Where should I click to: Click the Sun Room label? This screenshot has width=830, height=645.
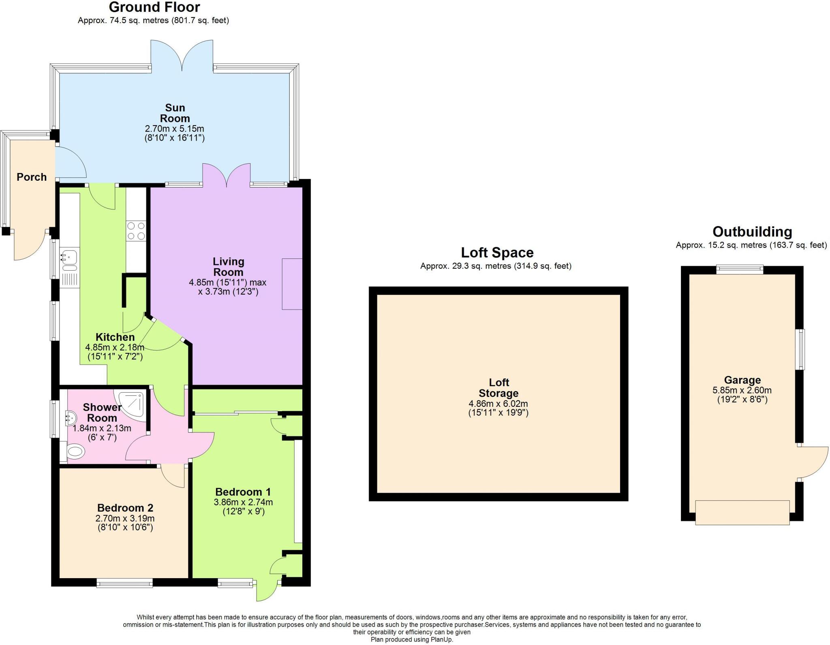(175, 113)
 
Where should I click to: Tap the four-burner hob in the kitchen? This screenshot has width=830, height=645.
(136, 231)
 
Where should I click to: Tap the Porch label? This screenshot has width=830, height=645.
(32, 177)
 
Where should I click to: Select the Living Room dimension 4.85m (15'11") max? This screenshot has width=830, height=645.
(227, 282)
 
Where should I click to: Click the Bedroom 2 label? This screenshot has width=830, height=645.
(125, 508)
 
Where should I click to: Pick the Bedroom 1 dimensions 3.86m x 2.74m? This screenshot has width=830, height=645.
(243, 502)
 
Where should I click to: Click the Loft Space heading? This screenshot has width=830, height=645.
(497, 253)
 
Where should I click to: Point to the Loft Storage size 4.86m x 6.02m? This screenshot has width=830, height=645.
(498, 404)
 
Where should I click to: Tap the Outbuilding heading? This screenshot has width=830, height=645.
(752, 232)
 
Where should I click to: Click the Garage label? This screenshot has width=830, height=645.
(742, 380)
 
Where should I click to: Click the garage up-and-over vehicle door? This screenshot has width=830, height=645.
(742, 513)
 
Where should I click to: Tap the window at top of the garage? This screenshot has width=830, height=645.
(740, 269)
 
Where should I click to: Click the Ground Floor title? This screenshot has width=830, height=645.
(154, 7)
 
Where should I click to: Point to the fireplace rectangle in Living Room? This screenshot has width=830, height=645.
(292, 284)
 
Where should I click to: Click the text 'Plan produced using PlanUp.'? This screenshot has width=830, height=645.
(412, 640)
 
